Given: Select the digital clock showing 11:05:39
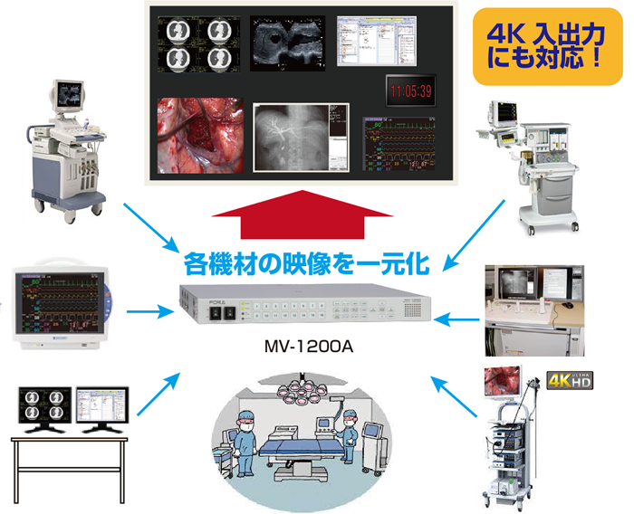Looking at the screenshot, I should (412, 90).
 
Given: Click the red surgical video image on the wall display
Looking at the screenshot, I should (199, 135).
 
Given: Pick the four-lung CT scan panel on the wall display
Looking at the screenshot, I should (197, 43).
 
